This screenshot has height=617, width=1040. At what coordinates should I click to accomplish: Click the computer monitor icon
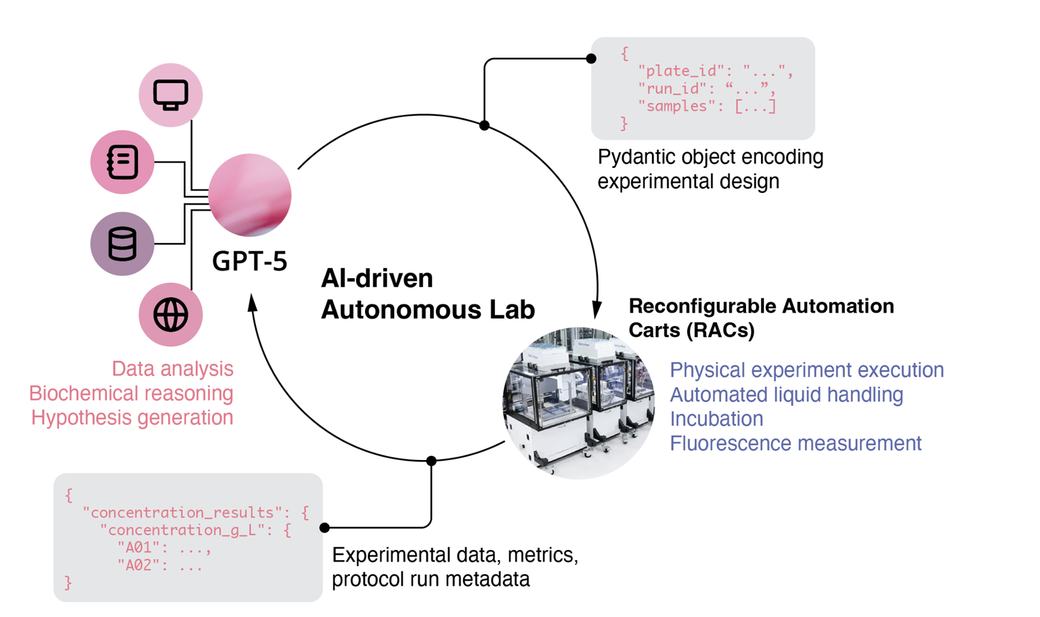pyautogui.click(x=171, y=95)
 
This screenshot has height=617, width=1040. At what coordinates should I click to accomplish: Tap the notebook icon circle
pyautogui.click(x=123, y=162)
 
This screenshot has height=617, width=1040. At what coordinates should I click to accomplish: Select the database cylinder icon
pyautogui.click(x=123, y=244)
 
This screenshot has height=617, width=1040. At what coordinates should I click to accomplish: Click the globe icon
pyautogui.click(x=171, y=315)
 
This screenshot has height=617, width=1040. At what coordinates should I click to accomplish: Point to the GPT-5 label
pyautogui.click(x=249, y=261)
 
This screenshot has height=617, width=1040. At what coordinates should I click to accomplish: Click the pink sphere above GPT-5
pyautogui.click(x=250, y=195)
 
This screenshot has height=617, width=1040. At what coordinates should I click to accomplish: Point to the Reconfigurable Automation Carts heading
pyautogui.click(x=760, y=317)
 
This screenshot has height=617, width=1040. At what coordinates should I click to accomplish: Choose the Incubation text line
pyautogui.click(x=716, y=419)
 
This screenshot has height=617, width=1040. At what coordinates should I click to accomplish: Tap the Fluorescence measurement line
pyautogui.click(x=795, y=443)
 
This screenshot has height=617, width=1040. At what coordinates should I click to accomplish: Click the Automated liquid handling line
pyautogui.click(x=786, y=394)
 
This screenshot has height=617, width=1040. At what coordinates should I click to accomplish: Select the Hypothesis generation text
pyautogui.click(x=132, y=417)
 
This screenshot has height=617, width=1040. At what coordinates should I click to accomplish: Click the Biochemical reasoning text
pyautogui.click(x=131, y=393)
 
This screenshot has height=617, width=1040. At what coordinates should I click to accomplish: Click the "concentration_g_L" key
pyautogui.click(x=179, y=530)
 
